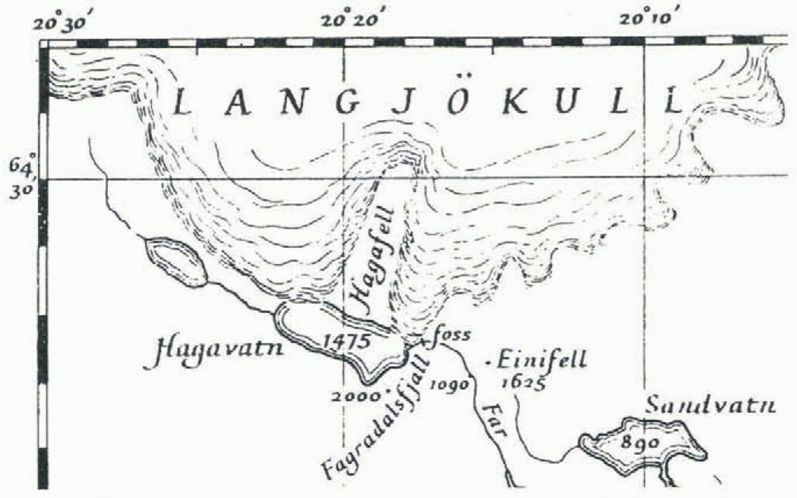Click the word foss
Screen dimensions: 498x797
452,335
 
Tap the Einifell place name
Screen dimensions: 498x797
540,360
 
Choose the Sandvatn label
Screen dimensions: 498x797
710,406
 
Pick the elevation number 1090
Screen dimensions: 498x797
450,385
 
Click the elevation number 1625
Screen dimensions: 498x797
523,382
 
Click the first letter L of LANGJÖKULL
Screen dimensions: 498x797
182,103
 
